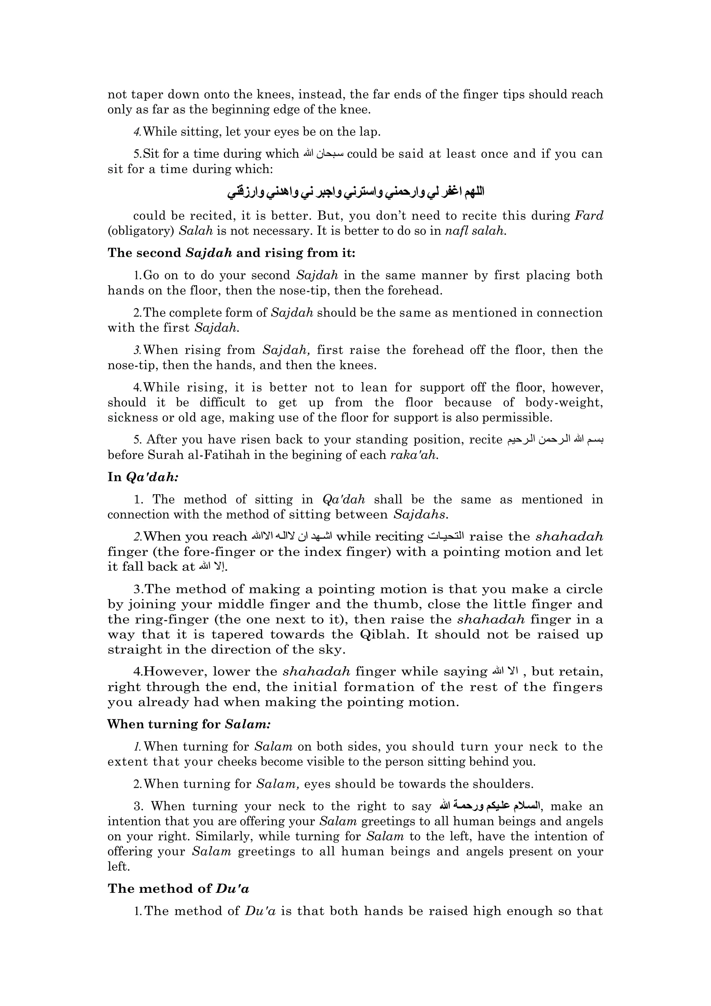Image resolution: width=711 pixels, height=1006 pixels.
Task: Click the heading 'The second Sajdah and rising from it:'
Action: [x=232, y=253]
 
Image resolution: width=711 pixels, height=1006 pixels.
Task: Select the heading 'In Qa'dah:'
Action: [x=143, y=477]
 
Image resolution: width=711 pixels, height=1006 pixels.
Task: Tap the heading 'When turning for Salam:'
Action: [x=189, y=724]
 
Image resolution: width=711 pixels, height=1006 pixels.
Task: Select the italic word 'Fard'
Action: [x=589, y=216]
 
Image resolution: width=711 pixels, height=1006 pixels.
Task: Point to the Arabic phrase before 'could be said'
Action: [x=324, y=154]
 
